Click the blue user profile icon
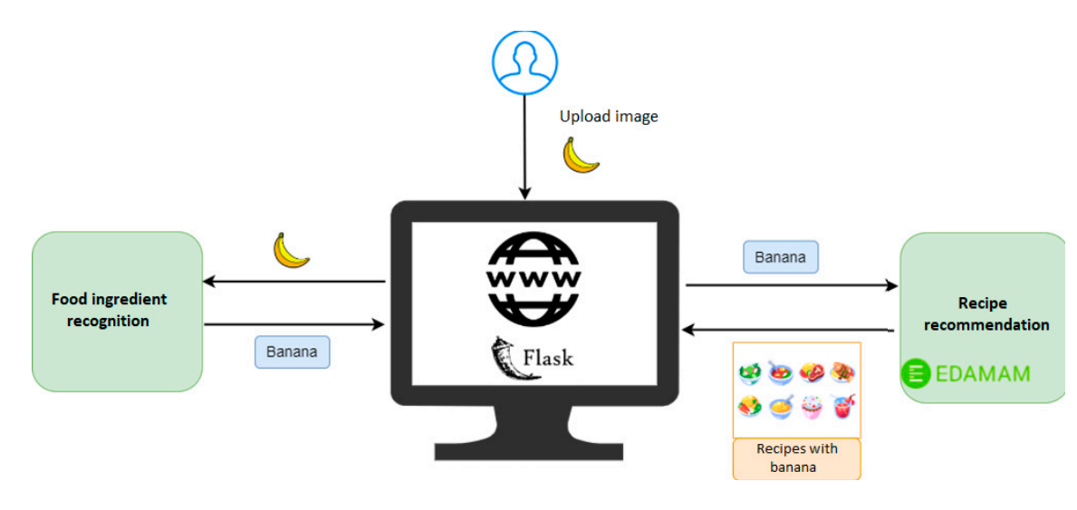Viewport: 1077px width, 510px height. [x=524, y=63]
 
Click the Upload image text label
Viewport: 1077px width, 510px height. [x=608, y=117]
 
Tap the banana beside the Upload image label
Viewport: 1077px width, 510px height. [x=581, y=156]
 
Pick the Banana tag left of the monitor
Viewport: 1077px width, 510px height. [x=292, y=351]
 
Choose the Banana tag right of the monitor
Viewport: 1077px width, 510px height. [x=780, y=257]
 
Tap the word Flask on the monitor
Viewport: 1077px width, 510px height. [x=547, y=357]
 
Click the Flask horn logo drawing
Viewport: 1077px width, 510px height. [x=504, y=357]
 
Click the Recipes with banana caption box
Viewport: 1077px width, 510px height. [x=796, y=457]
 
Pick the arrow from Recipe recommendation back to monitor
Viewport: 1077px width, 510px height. [x=788, y=330]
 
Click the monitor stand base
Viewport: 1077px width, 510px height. [x=534, y=449]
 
